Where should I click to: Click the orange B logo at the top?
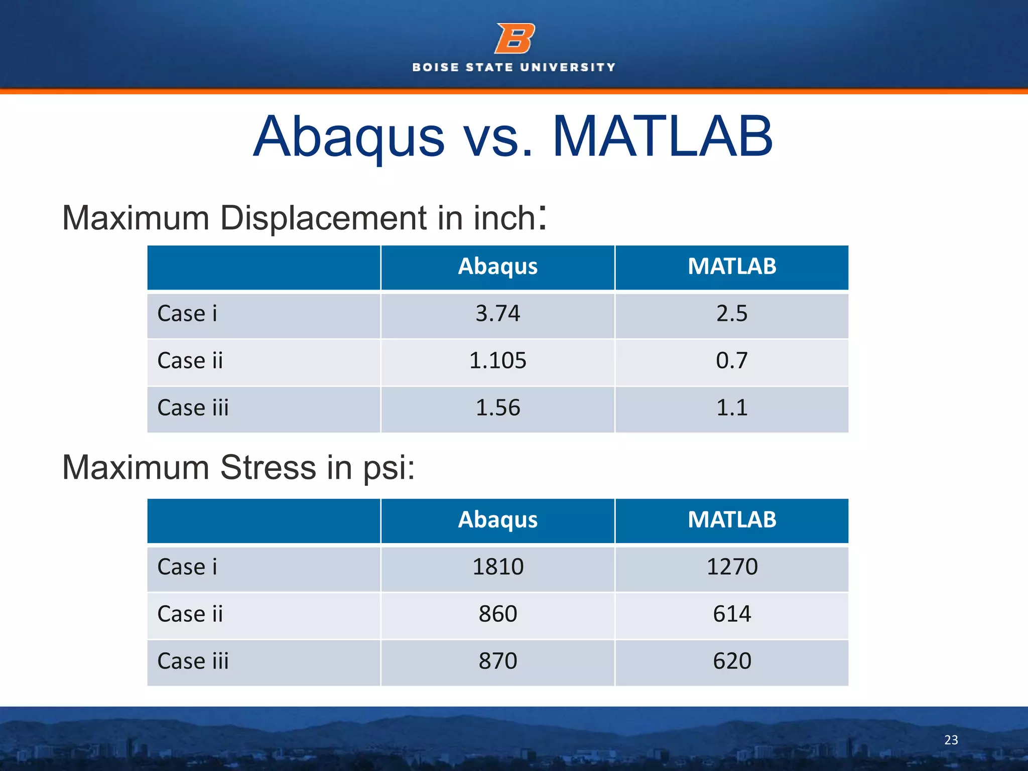[515, 39]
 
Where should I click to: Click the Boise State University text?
[513, 67]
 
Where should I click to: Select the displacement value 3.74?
[497, 314]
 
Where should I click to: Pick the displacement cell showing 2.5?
[731, 314]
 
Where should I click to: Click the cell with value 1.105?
[497, 360]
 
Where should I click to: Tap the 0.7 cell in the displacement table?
[731, 360]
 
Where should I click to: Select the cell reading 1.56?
[497, 408]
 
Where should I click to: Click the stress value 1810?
[497, 567]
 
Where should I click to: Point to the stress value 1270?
[731, 567]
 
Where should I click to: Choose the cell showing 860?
[497, 614]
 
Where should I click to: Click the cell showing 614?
[731, 614]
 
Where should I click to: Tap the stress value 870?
[497, 661]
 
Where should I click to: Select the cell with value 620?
[731, 661]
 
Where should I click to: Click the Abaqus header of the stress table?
[497, 520]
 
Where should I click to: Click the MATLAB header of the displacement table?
[731, 267]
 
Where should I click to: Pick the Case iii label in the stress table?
[193, 661]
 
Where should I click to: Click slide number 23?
[951, 740]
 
